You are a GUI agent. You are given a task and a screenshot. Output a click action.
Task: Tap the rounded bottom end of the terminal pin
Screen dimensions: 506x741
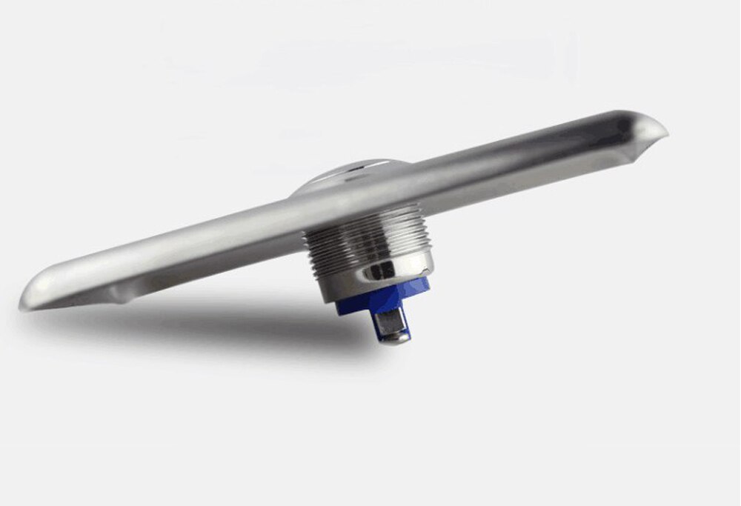[396, 339]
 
